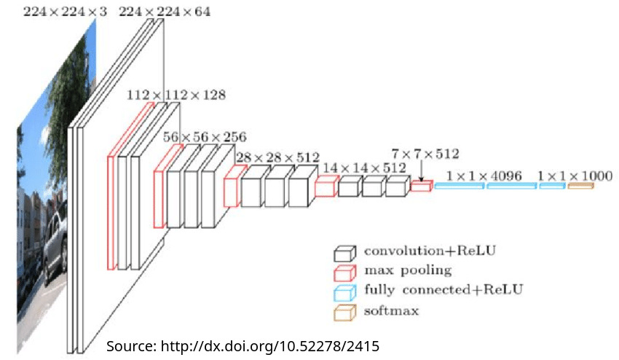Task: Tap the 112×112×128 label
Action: pos(176,95)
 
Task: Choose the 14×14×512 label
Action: pos(364,168)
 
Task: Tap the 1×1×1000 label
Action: pos(575,176)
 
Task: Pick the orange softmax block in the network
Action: pos(580,187)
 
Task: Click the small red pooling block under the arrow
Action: pos(421,187)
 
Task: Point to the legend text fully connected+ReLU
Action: pos(443,290)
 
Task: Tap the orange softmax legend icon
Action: pos(344,312)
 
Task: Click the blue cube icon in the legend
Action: pos(344,292)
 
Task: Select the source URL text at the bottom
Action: pos(243,345)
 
